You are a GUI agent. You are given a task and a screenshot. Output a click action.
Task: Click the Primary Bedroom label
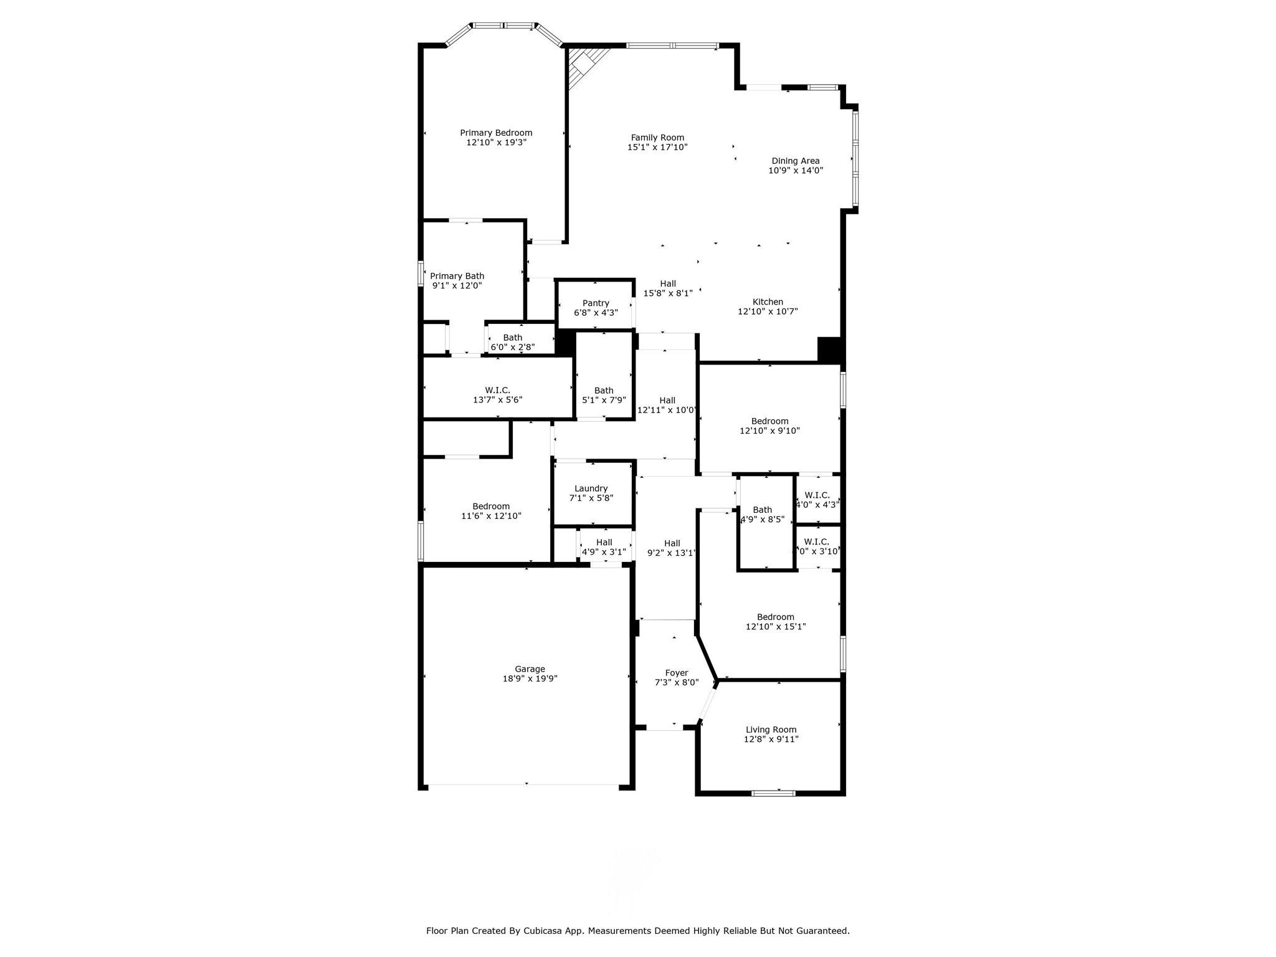pos(496,133)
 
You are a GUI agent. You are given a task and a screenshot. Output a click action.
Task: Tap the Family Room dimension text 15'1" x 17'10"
pos(657,148)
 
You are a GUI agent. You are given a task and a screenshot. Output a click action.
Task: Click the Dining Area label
pos(796,161)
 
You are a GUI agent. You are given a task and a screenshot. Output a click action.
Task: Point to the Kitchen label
pos(768,302)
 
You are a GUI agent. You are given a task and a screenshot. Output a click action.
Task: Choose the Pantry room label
pos(596,303)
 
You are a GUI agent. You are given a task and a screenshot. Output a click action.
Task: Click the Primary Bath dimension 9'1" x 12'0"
pos(457,286)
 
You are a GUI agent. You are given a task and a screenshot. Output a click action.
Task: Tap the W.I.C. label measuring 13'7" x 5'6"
pos(497,391)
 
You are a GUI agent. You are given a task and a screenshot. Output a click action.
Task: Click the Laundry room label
pos(591,489)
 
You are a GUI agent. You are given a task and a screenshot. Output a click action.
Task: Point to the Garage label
pos(530,669)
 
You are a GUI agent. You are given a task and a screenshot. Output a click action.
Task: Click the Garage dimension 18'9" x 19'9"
pos(530,679)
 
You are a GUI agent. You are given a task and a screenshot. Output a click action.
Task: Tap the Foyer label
pos(677,673)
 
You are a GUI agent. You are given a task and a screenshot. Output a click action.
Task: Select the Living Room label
pos(771,730)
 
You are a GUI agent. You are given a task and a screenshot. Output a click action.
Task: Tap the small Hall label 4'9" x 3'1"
pos(604,543)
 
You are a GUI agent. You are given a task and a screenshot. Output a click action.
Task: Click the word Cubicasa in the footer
pos(548,931)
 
